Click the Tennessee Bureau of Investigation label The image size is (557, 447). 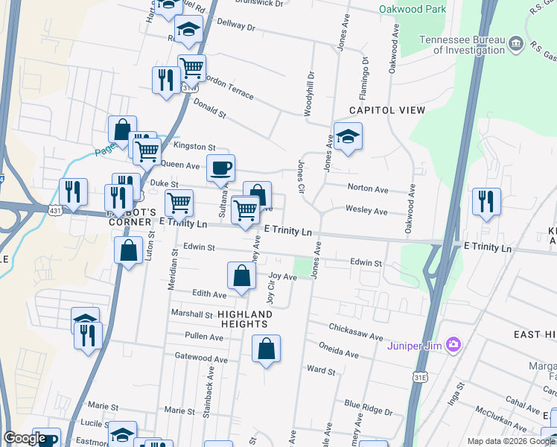(x=462, y=45)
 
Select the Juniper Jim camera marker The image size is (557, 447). (x=453, y=346)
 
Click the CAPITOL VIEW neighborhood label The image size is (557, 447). (x=388, y=110)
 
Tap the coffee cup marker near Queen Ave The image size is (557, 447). (x=220, y=169)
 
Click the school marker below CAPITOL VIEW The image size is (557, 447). (x=347, y=139)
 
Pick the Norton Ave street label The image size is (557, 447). (x=368, y=189)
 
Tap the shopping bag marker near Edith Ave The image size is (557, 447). (x=241, y=278)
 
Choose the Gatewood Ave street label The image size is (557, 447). (x=200, y=358)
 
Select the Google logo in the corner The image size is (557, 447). (x=25, y=438)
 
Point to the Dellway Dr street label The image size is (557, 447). (x=235, y=27)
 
